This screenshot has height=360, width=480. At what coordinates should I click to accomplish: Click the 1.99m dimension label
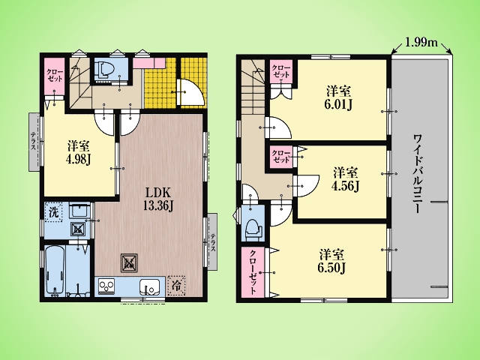point(421,42)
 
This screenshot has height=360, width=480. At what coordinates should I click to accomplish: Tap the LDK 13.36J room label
point(158,199)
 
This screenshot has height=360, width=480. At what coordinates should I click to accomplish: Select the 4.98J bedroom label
point(79,153)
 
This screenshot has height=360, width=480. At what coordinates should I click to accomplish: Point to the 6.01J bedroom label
point(338,98)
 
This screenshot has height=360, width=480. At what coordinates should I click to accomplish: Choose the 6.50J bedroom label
point(331,261)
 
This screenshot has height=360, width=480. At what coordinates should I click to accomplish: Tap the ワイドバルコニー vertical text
point(418,173)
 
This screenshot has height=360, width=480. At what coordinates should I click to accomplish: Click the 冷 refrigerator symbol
point(177,286)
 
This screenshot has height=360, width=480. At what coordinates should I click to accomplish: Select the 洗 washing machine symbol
point(53,212)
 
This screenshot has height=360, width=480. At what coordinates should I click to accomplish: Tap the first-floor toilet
point(103,70)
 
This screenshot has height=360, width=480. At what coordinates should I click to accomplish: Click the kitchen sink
point(148,287)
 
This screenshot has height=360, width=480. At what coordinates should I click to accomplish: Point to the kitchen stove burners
point(106,286)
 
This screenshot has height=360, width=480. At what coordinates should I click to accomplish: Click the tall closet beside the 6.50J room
point(253,271)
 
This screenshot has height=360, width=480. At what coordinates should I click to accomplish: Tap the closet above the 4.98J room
point(55,76)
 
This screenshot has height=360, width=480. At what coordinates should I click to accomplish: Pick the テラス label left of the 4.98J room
point(33,142)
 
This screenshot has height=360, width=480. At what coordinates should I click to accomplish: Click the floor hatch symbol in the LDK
point(129,262)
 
